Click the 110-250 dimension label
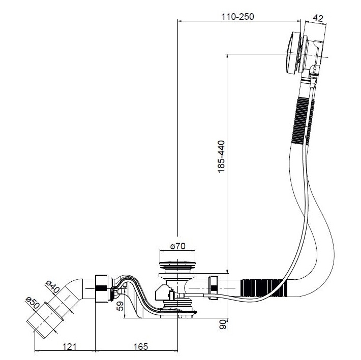click(237, 16)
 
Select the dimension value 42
click(319, 18)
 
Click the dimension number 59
click(120, 306)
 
